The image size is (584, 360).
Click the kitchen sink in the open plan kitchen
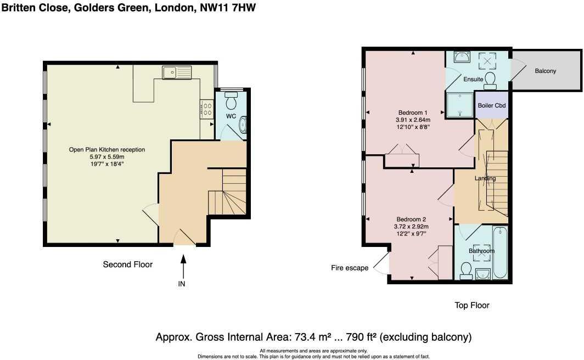(x=176, y=71)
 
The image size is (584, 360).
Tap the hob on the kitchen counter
(x=207, y=109)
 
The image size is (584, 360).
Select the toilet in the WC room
(x=231, y=101)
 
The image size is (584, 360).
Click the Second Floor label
(x=128, y=265)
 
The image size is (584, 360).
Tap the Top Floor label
(x=472, y=305)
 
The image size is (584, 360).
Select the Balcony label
(x=546, y=71)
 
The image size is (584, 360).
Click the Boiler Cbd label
(x=491, y=105)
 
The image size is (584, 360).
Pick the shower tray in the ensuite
(x=459, y=105)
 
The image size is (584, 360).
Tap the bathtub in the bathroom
(x=501, y=253)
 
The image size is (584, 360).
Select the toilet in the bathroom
(x=467, y=269)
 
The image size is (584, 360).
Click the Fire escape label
(x=350, y=268)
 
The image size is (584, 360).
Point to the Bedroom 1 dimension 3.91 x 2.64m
(x=413, y=120)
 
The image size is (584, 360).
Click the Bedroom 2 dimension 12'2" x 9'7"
(x=412, y=233)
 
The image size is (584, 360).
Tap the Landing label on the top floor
(x=485, y=178)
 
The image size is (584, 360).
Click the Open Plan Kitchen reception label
(x=107, y=149)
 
